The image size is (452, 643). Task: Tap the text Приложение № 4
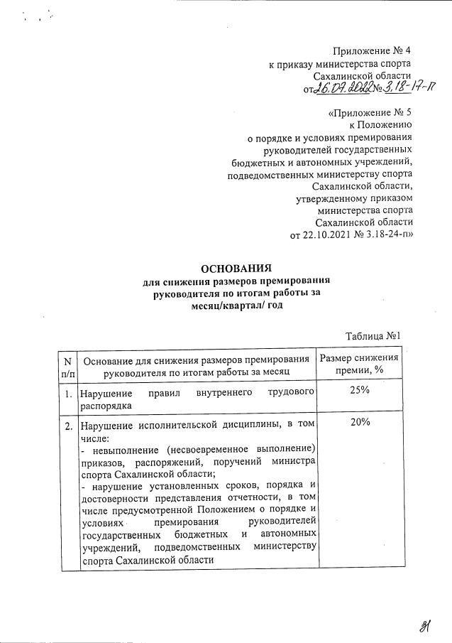(372, 50)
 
